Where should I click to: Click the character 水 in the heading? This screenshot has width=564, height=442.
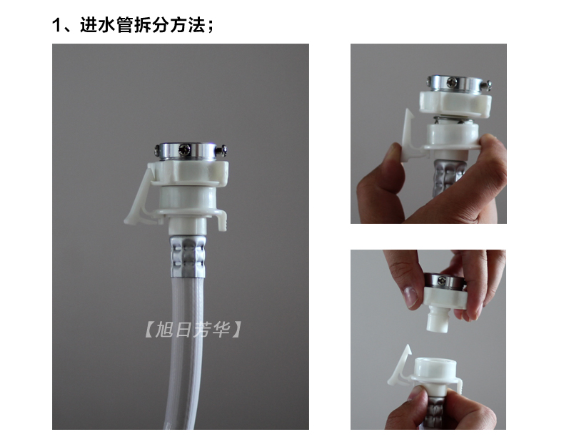coord(107,25)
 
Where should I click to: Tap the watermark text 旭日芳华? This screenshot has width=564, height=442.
coord(193,330)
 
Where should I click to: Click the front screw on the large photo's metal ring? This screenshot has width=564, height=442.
coord(185,149)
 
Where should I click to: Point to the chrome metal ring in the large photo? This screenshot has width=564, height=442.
coord(187,151)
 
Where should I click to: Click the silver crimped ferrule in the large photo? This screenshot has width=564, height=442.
coord(188,255)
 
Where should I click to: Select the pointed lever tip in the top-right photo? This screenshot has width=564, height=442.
coord(408,112)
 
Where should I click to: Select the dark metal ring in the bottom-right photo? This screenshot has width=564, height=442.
coord(442,280)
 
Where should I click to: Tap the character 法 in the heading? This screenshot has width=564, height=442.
coord(197,25)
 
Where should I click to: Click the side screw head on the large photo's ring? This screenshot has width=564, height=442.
coord(223,149)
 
